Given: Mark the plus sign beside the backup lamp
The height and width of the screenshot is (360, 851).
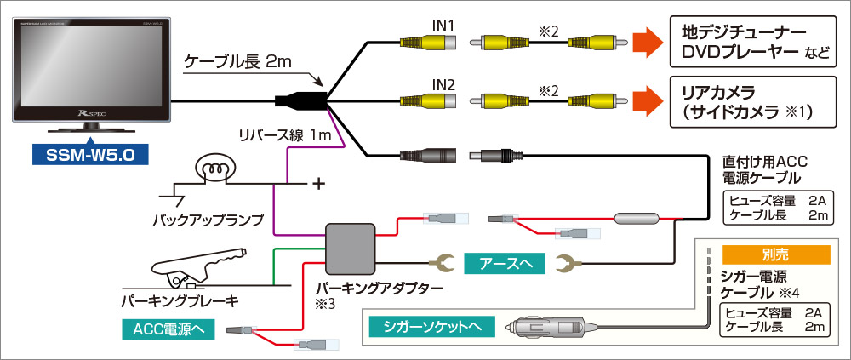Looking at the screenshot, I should (x=320, y=182).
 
